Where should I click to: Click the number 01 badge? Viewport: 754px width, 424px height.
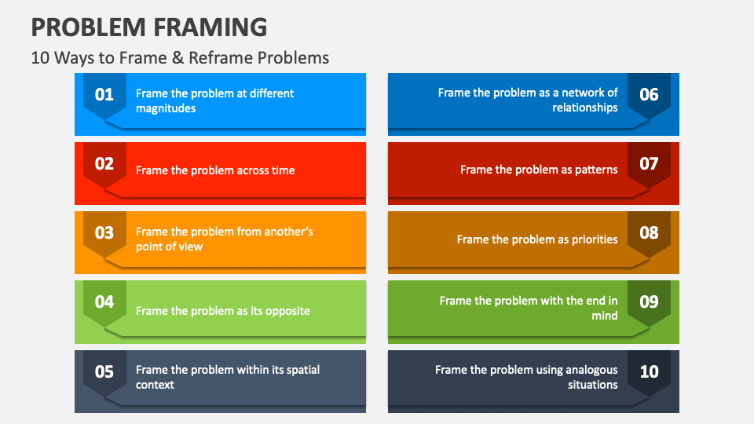(104, 95)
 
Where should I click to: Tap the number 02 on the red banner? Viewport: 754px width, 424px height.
(104, 164)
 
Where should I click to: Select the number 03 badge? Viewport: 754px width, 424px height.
(104, 233)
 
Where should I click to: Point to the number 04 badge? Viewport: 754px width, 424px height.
(104, 302)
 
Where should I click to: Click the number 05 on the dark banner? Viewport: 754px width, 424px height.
(104, 371)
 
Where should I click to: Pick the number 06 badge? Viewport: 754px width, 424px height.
(649, 95)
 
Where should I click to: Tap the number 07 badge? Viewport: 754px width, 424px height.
(649, 164)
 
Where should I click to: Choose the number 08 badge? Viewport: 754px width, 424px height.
(649, 233)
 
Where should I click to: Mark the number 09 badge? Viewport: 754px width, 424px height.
(649, 302)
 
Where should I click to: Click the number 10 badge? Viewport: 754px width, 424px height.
(649, 371)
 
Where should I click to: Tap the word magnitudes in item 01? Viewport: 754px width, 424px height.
(166, 108)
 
